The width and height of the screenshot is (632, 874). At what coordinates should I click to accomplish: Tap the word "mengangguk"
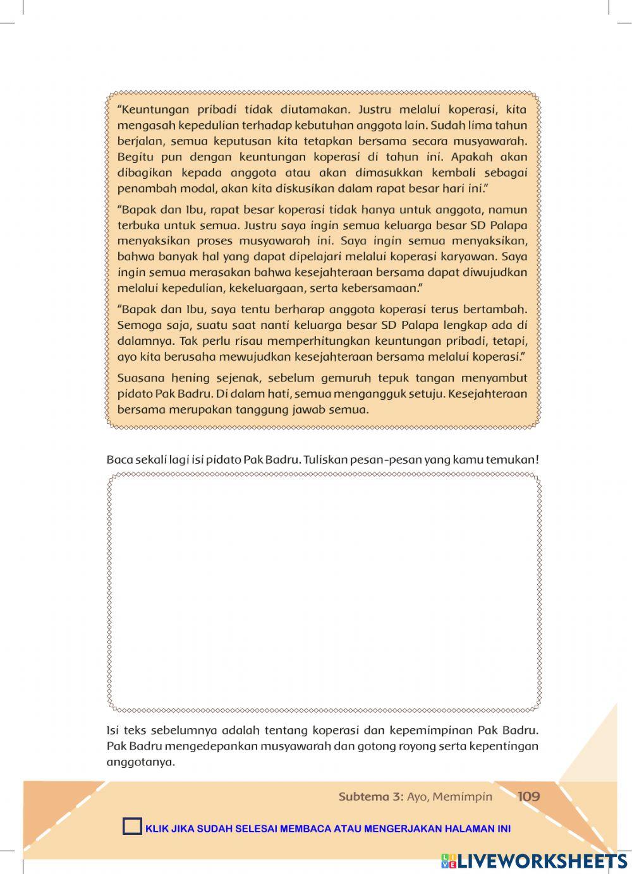[367, 394]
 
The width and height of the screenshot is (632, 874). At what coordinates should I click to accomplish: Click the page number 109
[528, 796]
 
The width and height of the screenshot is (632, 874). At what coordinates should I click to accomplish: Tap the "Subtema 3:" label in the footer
[370, 796]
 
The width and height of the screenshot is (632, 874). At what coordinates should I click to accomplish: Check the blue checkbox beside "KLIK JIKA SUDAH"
[133, 827]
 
